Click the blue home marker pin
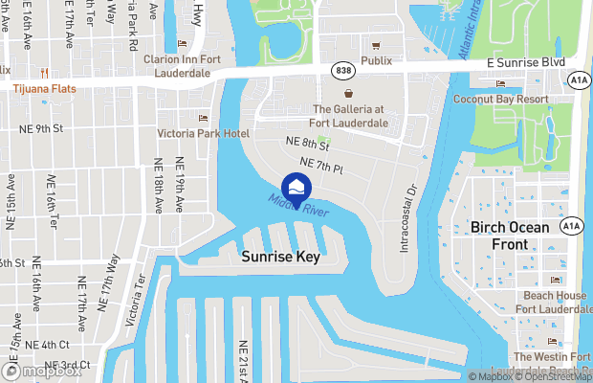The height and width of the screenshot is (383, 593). pyautogui.click(x=296, y=188)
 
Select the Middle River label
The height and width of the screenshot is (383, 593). pyautogui.click(x=298, y=204)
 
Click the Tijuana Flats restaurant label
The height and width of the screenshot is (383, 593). pyautogui.click(x=45, y=88)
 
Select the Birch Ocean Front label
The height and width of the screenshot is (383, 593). pyautogui.click(x=510, y=236)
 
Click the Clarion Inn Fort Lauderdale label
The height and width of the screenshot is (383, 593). pyautogui.click(x=190, y=65)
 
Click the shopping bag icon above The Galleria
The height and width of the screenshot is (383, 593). pyautogui.click(x=349, y=94)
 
